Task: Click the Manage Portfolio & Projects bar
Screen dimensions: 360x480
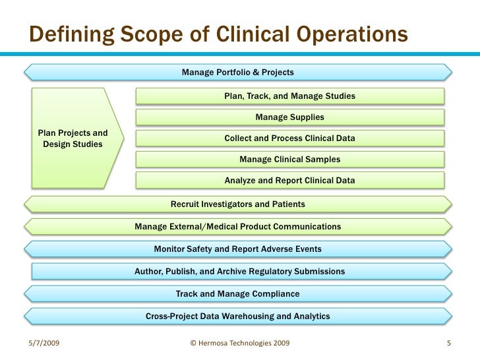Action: coord(238,72)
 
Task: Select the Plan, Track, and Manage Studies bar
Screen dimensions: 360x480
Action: coord(289,96)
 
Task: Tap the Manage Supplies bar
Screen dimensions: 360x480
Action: coord(289,117)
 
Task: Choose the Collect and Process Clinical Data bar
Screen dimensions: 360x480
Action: coord(289,138)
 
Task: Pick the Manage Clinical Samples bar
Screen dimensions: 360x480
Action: coord(289,160)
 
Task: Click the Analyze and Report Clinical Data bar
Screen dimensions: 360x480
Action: coord(289,181)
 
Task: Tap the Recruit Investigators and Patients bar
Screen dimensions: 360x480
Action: coord(238,204)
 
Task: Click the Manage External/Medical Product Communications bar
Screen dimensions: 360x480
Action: coord(238,227)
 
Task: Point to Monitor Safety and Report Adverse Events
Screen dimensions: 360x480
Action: coord(238,249)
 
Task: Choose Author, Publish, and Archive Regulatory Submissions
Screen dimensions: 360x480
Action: coord(239,272)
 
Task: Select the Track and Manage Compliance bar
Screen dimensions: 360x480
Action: coord(238,294)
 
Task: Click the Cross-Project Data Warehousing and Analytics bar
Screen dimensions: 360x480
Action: coord(238,316)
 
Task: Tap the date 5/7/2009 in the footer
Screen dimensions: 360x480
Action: coord(44,344)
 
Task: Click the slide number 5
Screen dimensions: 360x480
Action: coord(448,344)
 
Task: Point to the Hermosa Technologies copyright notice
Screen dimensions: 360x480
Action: coord(238,344)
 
